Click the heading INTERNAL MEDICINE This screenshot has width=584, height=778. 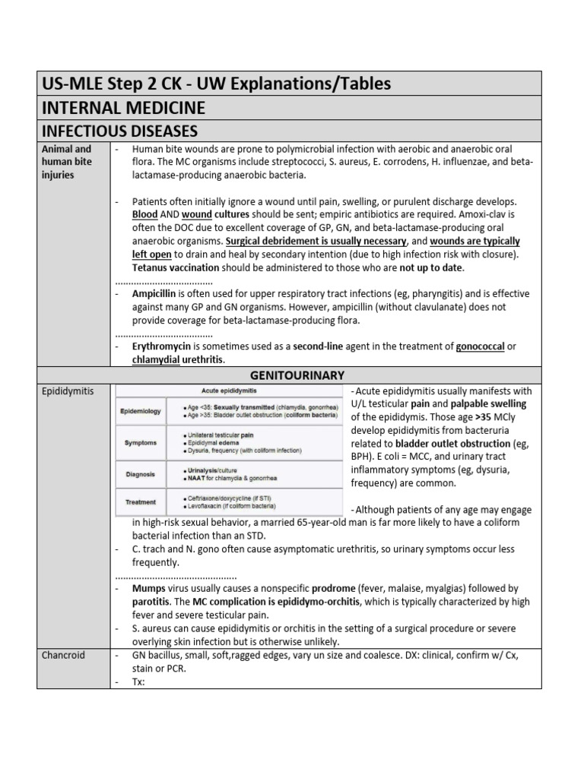(121, 108)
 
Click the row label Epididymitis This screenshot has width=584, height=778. (68, 391)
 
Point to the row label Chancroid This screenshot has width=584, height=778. (63, 655)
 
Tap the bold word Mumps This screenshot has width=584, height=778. (149, 589)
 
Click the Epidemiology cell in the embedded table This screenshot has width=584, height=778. (141, 411)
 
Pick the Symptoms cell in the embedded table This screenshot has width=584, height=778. (140, 442)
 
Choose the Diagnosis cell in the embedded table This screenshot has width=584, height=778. (140, 473)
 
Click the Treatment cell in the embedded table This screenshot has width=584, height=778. (140, 501)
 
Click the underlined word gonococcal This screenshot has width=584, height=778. (481, 346)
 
